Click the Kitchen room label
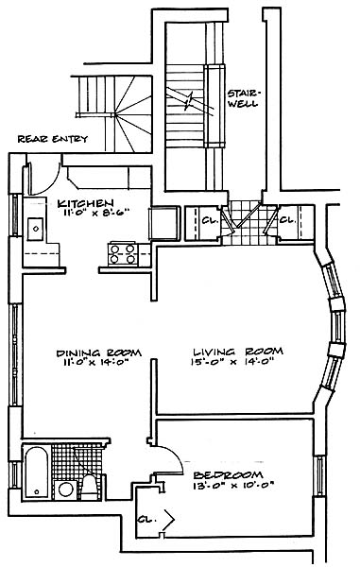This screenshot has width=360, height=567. [x=86, y=203]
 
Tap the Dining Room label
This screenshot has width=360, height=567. [x=98, y=352]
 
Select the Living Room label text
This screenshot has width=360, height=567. [x=238, y=352]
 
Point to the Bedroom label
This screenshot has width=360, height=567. [x=228, y=474]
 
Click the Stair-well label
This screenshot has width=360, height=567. [x=243, y=98]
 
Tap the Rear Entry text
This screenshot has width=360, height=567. [x=53, y=139]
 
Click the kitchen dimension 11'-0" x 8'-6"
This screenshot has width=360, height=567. [x=96, y=213]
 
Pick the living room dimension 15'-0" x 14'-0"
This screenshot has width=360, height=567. [x=231, y=361]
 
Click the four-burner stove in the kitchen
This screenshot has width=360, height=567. [x=123, y=254]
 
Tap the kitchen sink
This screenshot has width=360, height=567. [x=35, y=229]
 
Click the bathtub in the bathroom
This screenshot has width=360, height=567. [x=37, y=472]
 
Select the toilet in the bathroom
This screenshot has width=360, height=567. [x=89, y=488]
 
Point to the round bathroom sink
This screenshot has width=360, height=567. [x=66, y=490]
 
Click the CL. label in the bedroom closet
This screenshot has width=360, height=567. [x=147, y=520]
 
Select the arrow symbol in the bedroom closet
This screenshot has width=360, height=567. [x=170, y=520]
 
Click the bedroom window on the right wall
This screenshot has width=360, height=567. [x=320, y=475]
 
